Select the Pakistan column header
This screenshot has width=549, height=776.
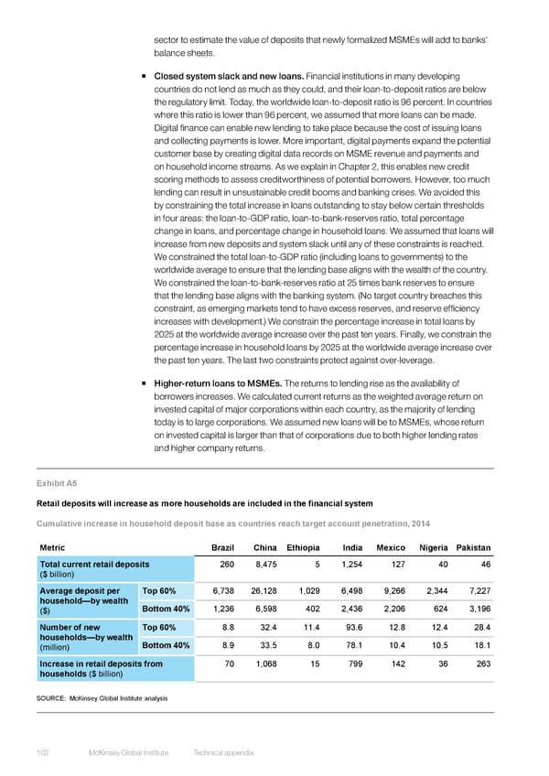tap(473, 548)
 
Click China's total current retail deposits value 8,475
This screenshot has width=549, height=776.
tap(265, 564)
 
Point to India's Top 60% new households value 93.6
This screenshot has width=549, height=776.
tap(351, 627)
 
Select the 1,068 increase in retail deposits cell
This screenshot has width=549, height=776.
tap(264, 662)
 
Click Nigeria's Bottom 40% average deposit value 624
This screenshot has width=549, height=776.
tap(437, 609)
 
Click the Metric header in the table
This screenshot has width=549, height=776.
tap(53, 548)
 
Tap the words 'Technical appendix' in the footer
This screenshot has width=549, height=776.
tap(223, 751)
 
